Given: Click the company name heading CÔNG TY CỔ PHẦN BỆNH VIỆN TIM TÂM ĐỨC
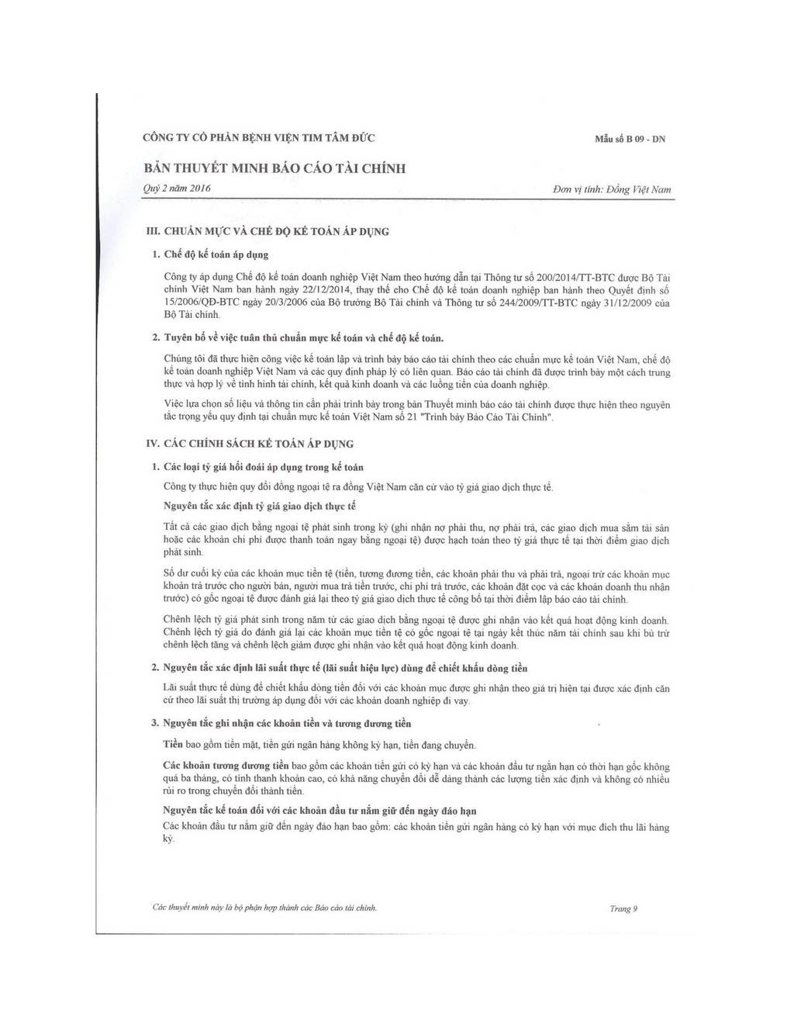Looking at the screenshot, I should point(259,138).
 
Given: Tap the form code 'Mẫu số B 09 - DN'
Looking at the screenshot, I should point(630,140).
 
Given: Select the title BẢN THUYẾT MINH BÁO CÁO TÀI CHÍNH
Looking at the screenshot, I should point(274,168).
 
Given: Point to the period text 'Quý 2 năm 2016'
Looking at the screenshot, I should point(178,189).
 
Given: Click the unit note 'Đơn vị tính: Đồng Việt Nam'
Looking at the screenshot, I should point(612,189).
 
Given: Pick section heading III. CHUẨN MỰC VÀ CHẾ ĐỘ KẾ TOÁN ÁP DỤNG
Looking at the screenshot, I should point(268,231).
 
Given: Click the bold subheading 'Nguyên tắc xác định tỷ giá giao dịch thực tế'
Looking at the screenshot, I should point(260,506).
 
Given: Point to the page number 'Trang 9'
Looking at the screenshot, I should point(623,909).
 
